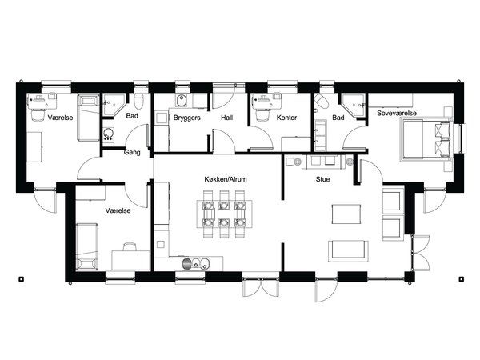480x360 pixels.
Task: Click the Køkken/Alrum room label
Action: coord(226,179)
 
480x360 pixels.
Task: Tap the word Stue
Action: coord(322,179)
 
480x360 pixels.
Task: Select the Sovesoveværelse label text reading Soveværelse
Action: coord(397,113)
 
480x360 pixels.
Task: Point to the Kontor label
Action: coord(286,118)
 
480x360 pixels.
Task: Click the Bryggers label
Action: coord(186,118)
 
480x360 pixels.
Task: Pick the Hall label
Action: coord(227,118)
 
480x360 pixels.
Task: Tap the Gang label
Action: coord(132,152)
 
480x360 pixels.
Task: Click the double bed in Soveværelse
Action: coord(426,139)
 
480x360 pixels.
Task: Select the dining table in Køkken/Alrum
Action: coord(225,214)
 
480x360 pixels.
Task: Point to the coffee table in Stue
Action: coord(346,214)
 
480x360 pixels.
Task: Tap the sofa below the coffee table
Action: coord(348,251)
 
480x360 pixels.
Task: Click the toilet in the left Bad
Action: coord(139,101)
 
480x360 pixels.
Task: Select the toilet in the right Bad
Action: coord(322,102)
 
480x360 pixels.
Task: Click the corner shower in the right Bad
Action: coord(354,106)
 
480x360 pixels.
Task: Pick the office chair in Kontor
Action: coord(262,115)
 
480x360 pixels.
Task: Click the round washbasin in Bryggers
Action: coord(182,101)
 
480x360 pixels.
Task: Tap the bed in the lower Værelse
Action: coord(87,247)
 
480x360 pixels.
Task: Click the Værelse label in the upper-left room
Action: coord(60,118)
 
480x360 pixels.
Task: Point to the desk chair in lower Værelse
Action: coord(129,246)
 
